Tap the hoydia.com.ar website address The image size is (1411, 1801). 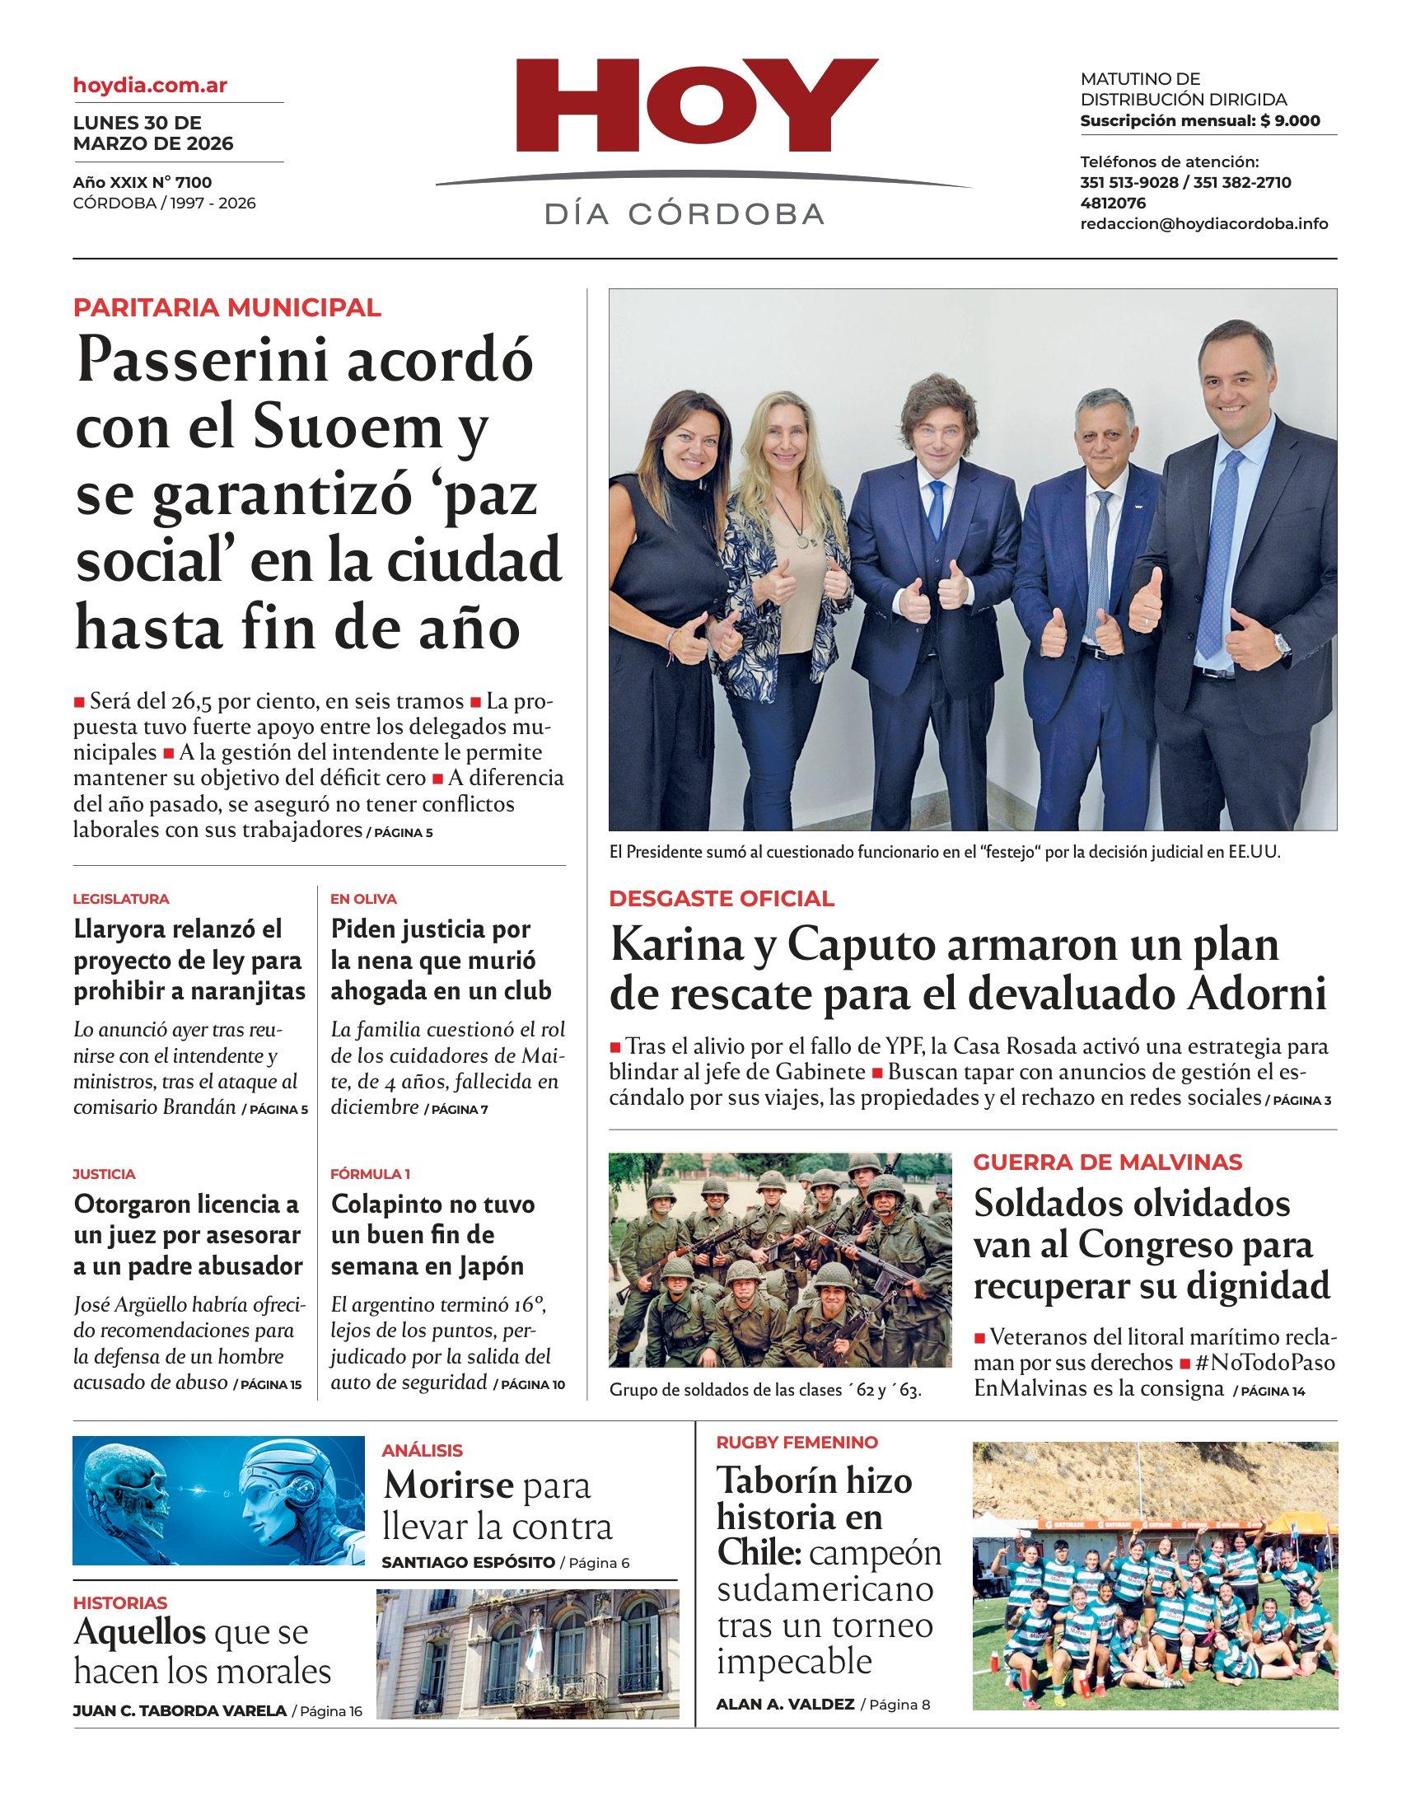[151, 84]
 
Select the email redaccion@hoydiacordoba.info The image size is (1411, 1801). [1203, 224]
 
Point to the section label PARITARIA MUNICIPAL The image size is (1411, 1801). [227, 308]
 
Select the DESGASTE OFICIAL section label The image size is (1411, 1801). [722, 899]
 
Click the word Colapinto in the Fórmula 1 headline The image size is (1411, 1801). [385, 1205]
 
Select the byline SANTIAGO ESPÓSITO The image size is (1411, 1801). [468, 1562]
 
